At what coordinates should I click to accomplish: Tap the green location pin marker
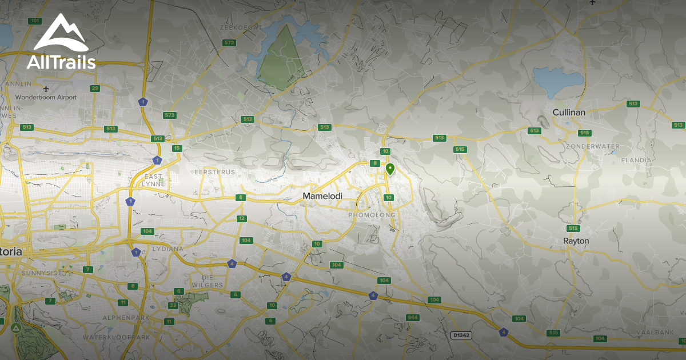coord(390,169)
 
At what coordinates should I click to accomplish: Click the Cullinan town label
coord(569,113)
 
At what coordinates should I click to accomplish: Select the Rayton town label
coord(576,241)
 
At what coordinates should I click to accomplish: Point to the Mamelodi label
coord(322,196)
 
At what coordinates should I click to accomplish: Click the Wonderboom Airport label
coord(46,98)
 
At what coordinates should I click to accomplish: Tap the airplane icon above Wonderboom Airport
coord(46,89)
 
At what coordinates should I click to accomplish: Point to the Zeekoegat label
coord(241,27)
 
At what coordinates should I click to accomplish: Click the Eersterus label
coord(215,172)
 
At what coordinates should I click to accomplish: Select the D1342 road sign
coord(460,335)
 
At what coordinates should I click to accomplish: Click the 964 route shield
coord(413,318)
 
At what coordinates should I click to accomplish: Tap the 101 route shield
coord(35,21)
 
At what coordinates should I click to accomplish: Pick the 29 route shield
coord(95,88)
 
